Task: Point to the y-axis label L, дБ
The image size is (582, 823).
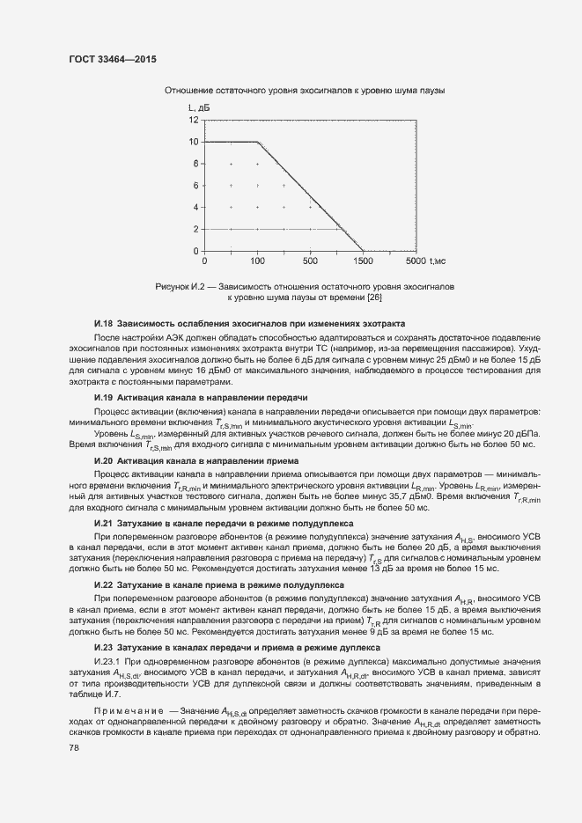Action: click(198, 107)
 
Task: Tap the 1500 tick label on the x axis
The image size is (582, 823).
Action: click(363, 261)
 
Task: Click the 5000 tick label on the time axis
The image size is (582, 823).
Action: click(416, 261)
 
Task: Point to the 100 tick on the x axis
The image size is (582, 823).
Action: click(257, 261)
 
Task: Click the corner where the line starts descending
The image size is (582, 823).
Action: click(257, 141)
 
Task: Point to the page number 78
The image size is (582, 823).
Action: click(74, 748)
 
